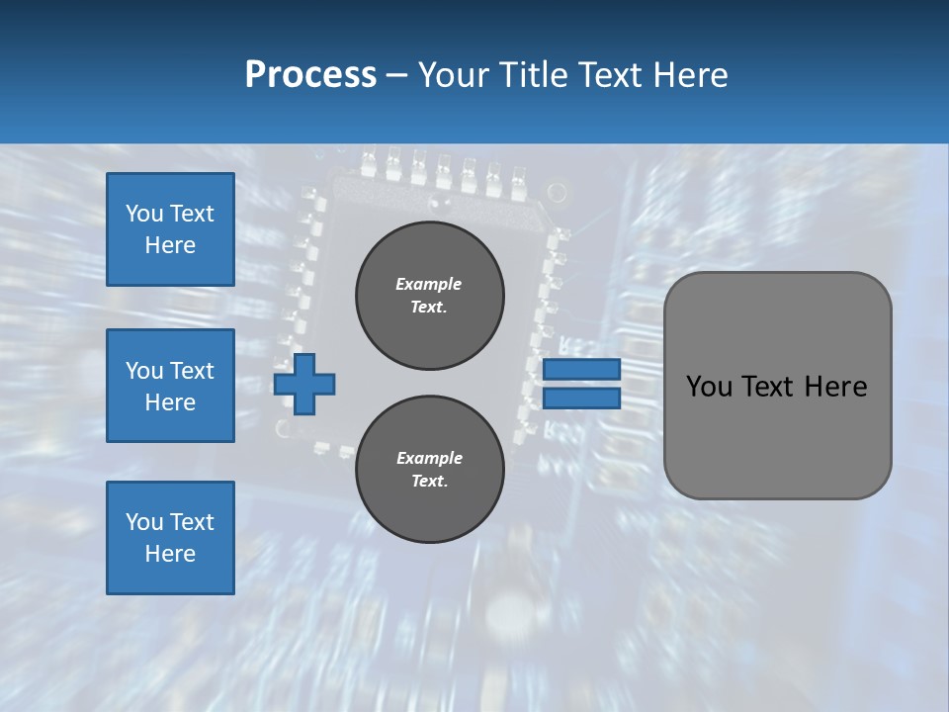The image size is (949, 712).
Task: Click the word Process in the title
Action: point(310,74)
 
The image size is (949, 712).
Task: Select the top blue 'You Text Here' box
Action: point(170,229)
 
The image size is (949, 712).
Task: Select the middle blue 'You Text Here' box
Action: point(170,386)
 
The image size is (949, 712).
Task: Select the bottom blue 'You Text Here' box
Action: point(170,538)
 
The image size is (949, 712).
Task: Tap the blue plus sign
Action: point(304,384)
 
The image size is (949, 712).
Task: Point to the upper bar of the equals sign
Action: point(581,369)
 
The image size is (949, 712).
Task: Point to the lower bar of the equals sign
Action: point(581,399)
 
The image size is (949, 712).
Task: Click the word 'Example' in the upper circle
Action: point(429,284)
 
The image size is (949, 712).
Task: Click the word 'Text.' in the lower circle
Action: point(429,481)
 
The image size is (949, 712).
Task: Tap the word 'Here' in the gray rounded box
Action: point(835,387)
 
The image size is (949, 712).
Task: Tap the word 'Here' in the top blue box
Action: point(170,245)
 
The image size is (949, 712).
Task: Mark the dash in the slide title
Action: point(396,75)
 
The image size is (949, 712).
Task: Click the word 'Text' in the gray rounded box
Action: point(768,387)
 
